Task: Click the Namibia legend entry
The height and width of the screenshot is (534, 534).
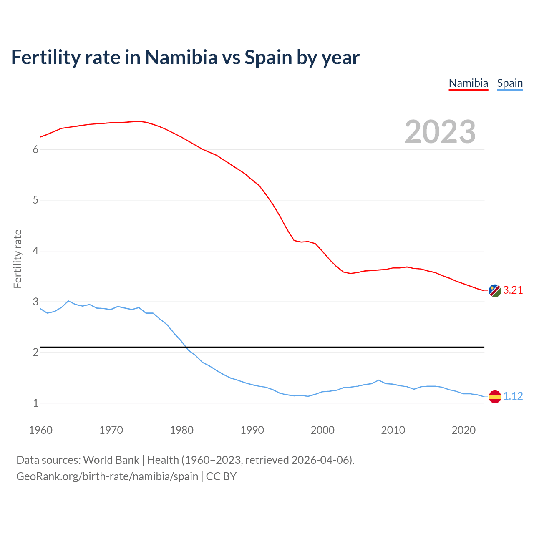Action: pyautogui.click(x=468, y=83)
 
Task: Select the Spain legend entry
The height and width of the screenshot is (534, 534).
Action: pyautogui.click(x=510, y=83)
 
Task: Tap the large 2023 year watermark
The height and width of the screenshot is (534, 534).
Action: pyautogui.click(x=440, y=132)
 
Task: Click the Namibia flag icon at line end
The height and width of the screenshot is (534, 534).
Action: pyautogui.click(x=495, y=291)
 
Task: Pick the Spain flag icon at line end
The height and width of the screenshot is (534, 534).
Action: pyautogui.click(x=495, y=396)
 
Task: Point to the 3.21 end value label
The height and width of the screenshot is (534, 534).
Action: pyautogui.click(x=513, y=290)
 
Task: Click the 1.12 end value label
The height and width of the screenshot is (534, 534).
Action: pyautogui.click(x=513, y=396)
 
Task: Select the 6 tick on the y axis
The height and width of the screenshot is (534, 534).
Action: pyautogui.click(x=35, y=150)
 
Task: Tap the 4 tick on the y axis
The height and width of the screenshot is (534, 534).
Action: pyautogui.click(x=35, y=251)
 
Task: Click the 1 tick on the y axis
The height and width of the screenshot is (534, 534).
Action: pyautogui.click(x=35, y=403)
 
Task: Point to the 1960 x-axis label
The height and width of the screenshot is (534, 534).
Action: pyautogui.click(x=40, y=430)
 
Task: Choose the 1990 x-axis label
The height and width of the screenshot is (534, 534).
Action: pyautogui.click(x=252, y=430)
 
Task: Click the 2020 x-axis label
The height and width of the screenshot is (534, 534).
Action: pyautogui.click(x=463, y=430)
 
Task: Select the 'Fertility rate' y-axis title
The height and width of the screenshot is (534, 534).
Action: pyautogui.click(x=18, y=259)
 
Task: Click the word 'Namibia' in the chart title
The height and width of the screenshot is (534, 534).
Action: pyautogui.click(x=181, y=57)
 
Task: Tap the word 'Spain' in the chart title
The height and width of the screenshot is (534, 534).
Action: pyautogui.click(x=268, y=57)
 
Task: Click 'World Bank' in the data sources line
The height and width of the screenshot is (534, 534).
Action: pyautogui.click(x=111, y=460)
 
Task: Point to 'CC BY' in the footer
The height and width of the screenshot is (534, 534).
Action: pyautogui.click(x=221, y=476)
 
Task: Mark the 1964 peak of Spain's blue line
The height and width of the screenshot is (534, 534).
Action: pyautogui.click(x=68, y=301)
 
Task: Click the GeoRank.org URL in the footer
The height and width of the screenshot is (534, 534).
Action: pyautogui.click(x=107, y=476)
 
